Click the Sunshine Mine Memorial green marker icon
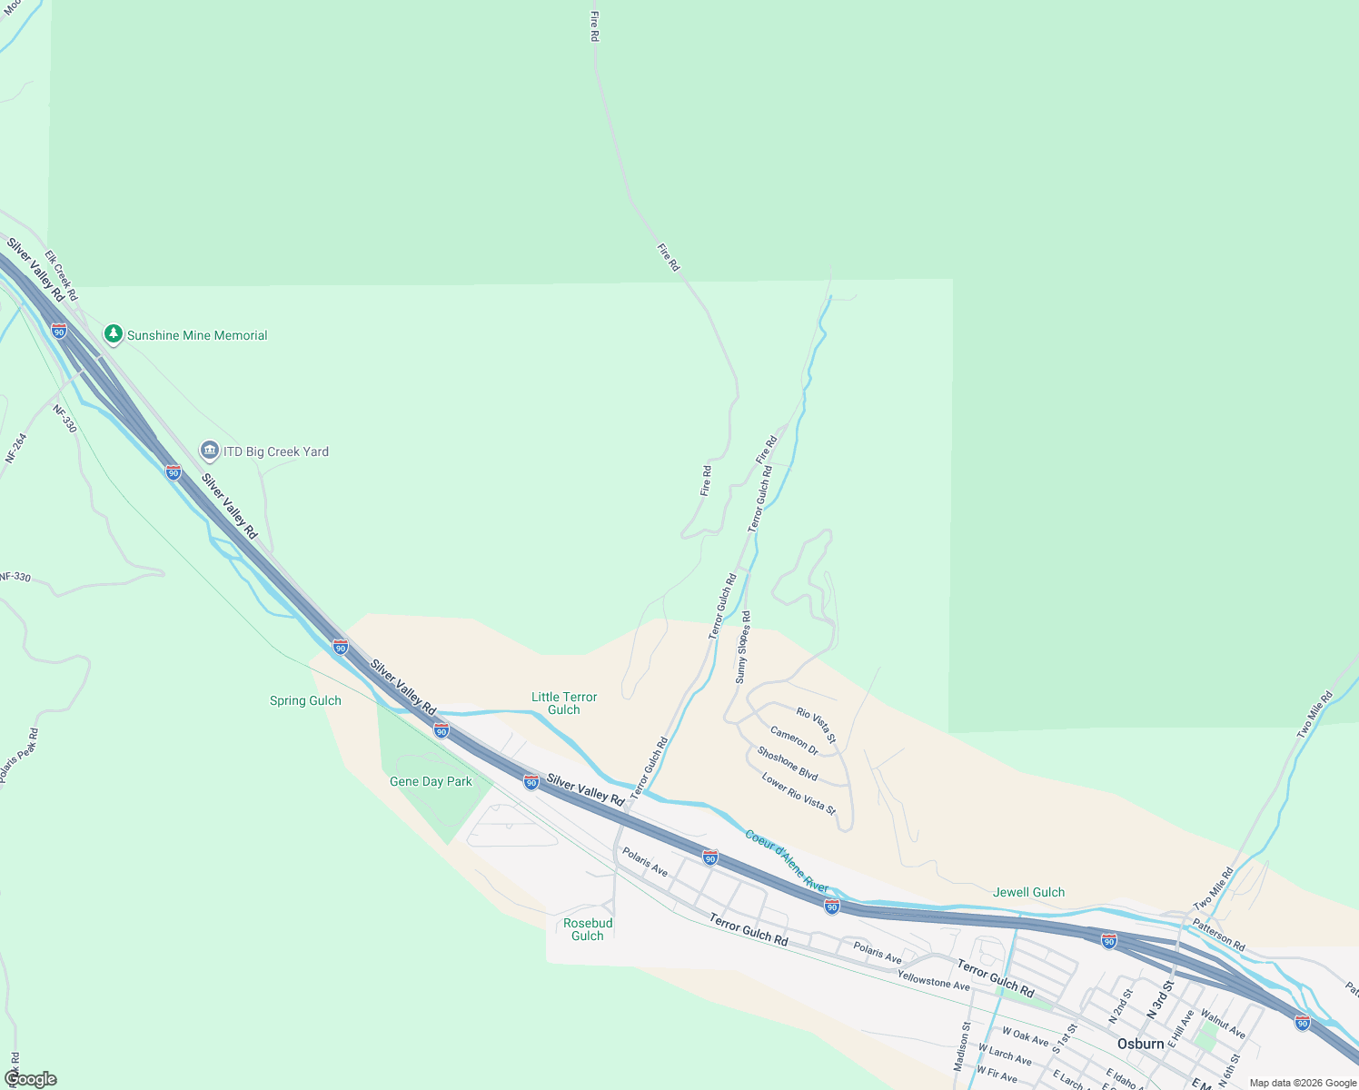click(x=114, y=334)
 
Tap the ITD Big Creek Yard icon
click(x=210, y=451)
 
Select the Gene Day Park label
click(x=431, y=781)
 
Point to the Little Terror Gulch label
click(x=564, y=703)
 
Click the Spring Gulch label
click(x=305, y=700)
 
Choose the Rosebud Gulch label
click(x=588, y=929)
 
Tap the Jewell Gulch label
click(x=1028, y=892)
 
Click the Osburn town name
click(x=1141, y=1044)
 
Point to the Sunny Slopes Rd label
click(x=743, y=647)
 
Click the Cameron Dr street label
click(x=794, y=740)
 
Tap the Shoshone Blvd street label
click(x=788, y=764)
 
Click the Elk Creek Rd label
click(x=62, y=276)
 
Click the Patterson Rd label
click(x=1219, y=935)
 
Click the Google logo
click(x=30, y=1079)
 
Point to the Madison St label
click(x=963, y=1045)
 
